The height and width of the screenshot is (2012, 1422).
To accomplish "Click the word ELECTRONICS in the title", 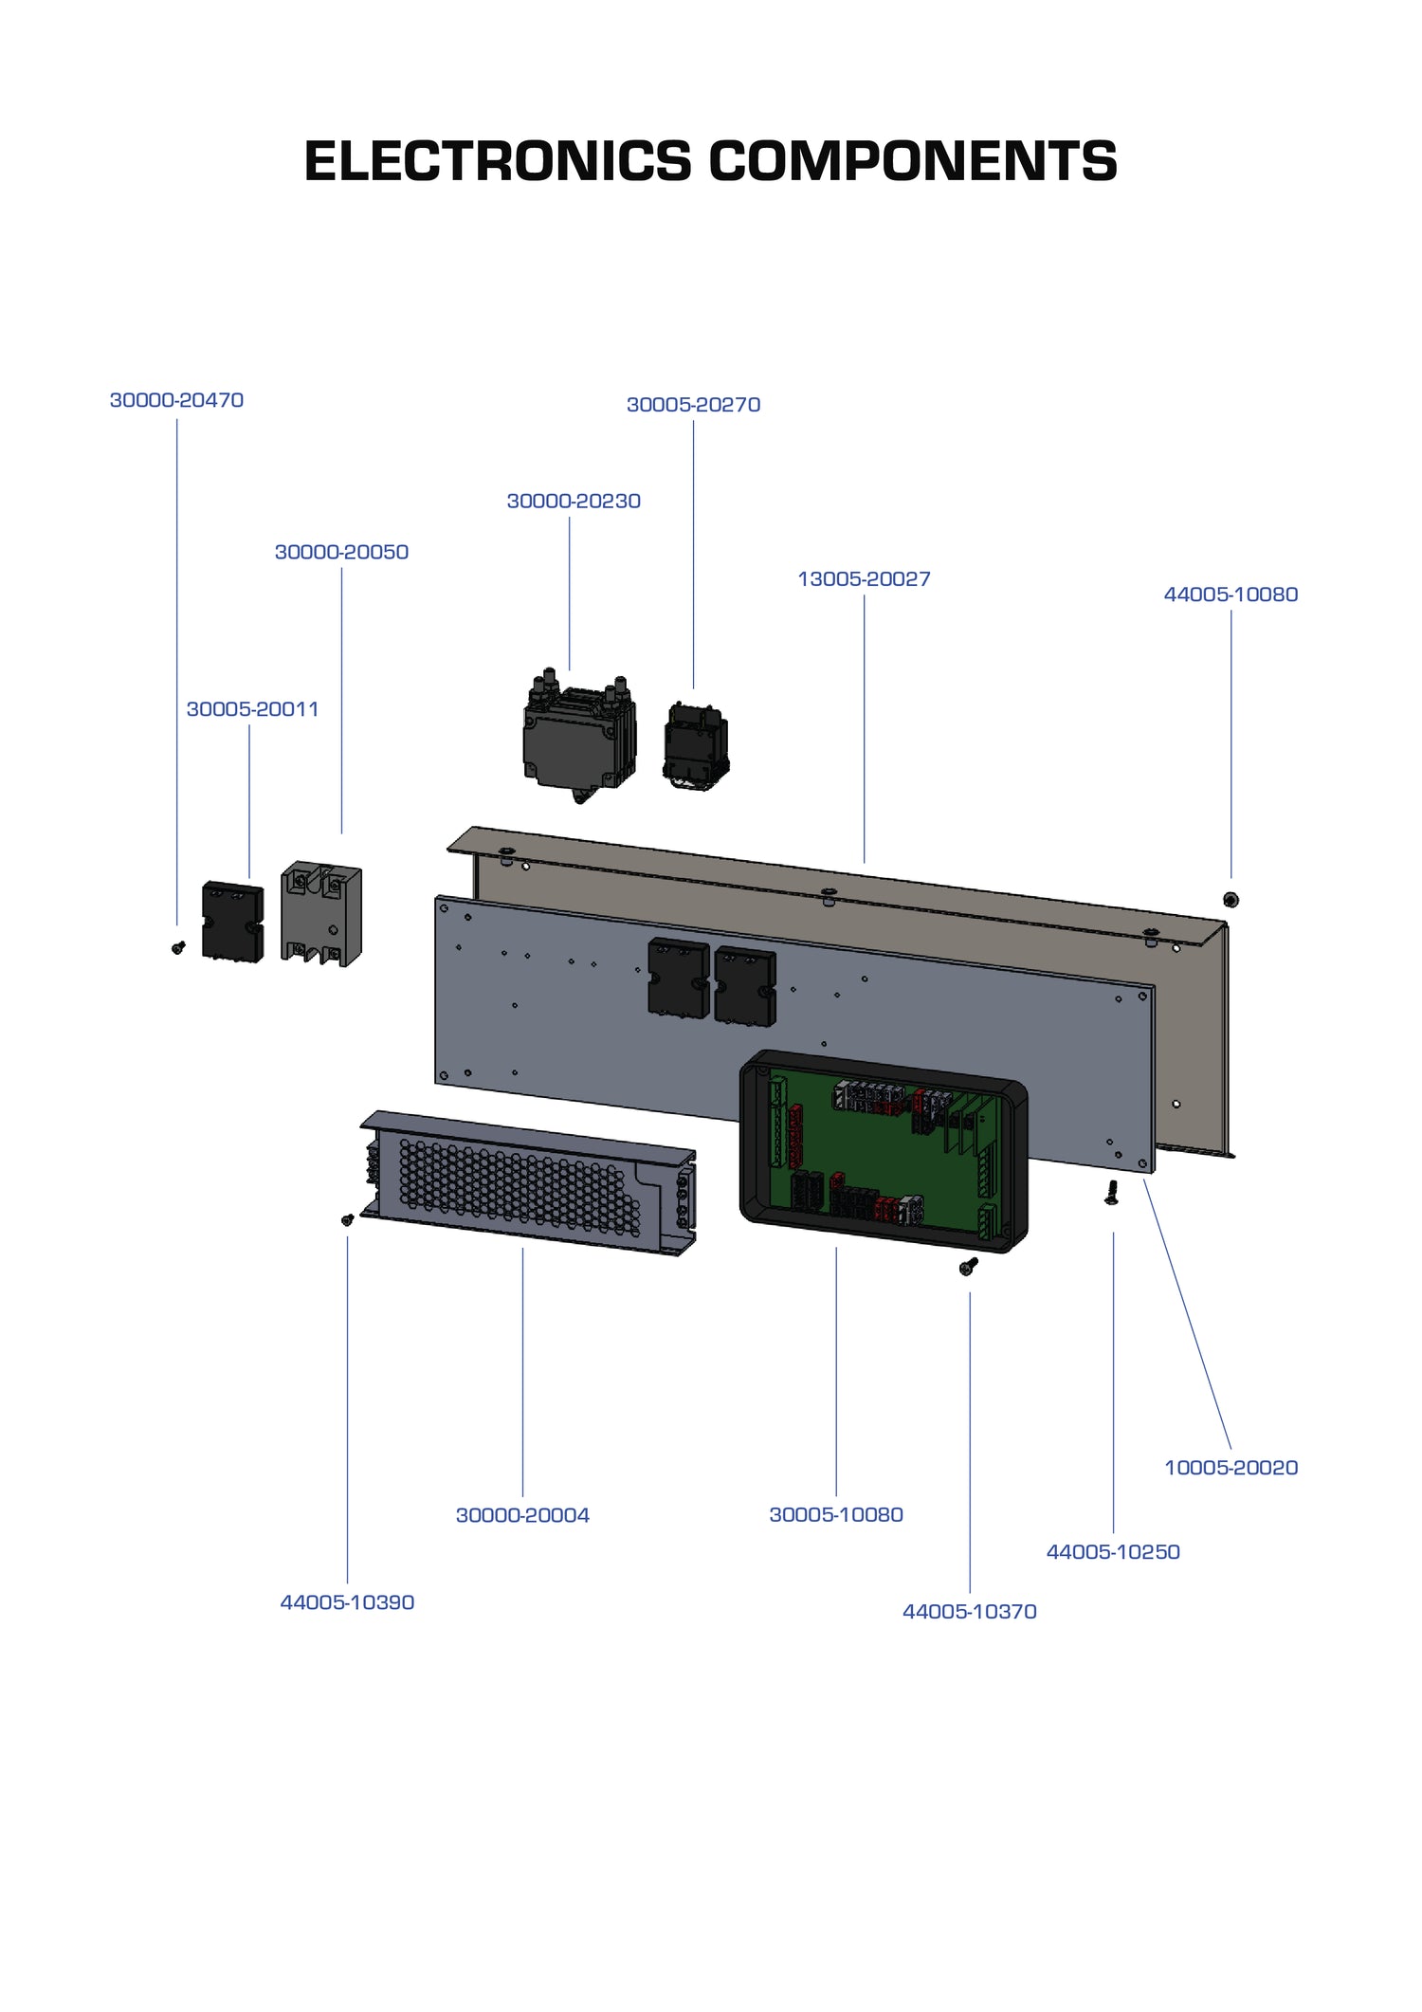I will tap(498, 161).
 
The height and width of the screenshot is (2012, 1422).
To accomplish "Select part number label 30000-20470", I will tap(176, 400).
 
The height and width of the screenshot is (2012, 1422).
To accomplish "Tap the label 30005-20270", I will tap(693, 405).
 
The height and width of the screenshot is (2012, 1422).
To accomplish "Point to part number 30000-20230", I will tap(574, 501).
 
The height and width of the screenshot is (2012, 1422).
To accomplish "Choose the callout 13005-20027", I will tap(864, 578).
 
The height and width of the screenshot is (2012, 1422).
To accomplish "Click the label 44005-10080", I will tap(1231, 594).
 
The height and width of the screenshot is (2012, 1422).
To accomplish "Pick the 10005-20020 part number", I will tap(1231, 1468).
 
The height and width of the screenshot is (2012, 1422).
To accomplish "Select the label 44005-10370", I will tap(969, 1611).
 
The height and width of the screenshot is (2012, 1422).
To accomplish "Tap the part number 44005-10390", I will tap(347, 1602).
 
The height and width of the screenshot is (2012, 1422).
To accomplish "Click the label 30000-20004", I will tap(522, 1515).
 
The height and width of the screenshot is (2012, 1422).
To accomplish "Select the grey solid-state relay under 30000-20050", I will tap(321, 915).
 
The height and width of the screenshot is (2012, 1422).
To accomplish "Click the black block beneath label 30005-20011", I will tap(232, 922).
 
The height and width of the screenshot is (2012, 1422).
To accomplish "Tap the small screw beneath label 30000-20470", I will tap(178, 946).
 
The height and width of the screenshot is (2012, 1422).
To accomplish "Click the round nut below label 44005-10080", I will tap(1231, 899).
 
